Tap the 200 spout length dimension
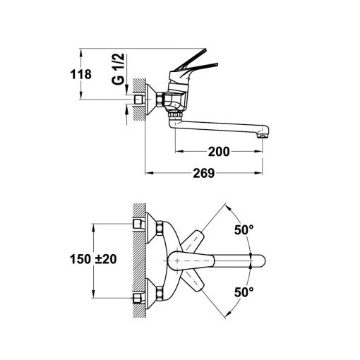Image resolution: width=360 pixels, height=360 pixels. click(x=219, y=150)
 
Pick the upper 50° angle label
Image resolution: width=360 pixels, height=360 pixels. click(x=244, y=230)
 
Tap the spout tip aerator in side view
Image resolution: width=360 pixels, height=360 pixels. click(x=265, y=131)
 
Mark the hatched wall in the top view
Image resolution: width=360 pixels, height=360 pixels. click(x=140, y=260)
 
